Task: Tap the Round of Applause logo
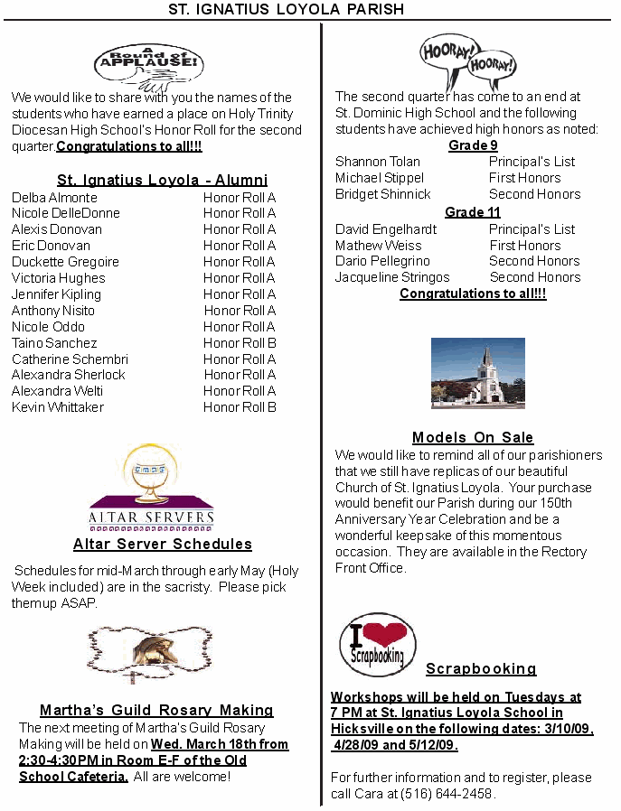(148, 63)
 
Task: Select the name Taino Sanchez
(54, 343)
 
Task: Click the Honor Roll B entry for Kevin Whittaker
(240, 407)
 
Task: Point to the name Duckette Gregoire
(65, 262)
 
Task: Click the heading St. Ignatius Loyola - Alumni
(162, 180)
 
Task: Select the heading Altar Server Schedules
(163, 544)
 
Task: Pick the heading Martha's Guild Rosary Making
(156, 710)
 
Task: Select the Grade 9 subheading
(473, 145)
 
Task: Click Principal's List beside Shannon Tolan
(532, 162)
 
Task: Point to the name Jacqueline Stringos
(392, 277)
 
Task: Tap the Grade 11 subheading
(473, 212)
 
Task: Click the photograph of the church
(477, 373)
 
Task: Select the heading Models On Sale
(473, 438)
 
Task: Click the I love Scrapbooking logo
(377, 645)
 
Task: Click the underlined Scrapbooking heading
(481, 669)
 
